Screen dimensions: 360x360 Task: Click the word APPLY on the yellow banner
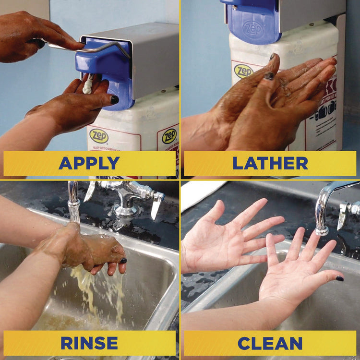pos(89,163)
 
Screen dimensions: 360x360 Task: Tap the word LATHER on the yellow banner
pos(270,163)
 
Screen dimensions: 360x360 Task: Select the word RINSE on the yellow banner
pos(89,343)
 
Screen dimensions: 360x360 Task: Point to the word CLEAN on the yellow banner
pos(270,343)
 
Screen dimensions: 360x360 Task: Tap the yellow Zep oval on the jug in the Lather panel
pos(243,71)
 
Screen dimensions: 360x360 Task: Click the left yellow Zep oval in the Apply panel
pos(99,136)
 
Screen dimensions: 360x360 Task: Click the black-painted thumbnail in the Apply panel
pos(114,99)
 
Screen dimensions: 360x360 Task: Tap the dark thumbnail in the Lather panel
pos(270,75)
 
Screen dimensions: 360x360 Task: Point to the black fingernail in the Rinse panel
pos(123,261)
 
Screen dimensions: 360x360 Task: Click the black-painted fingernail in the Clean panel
pos(339,278)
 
